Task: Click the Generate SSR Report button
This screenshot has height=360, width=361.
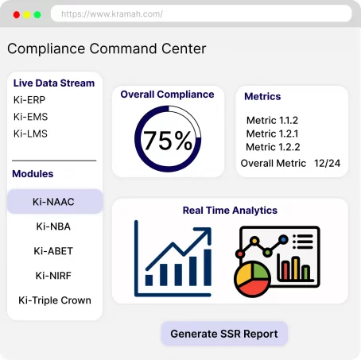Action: [224, 334]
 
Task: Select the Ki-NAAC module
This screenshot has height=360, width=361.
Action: [54, 202]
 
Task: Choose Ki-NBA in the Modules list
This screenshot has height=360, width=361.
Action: [54, 226]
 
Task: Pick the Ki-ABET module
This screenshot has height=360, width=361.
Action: [54, 251]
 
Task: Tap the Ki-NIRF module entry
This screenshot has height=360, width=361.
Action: [54, 276]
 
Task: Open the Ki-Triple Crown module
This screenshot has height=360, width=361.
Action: [54, 300]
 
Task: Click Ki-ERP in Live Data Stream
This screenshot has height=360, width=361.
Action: [30, 100]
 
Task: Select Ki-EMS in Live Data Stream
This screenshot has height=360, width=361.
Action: [31, 117]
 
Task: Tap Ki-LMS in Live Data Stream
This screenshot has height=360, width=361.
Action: [31, 134]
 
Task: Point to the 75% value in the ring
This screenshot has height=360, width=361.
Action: [167, 141]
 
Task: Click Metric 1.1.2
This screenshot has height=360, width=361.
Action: [272, 120]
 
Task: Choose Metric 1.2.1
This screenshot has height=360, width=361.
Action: [272, 134]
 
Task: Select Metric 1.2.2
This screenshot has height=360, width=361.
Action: [272, 147]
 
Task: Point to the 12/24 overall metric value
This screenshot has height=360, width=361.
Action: [328, 163]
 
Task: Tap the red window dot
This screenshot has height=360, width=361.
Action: [17, 14]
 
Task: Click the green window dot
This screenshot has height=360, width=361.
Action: [37, 14]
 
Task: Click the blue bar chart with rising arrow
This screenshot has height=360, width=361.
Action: [173, 256]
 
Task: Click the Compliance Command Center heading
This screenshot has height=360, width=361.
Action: [107, 48]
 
